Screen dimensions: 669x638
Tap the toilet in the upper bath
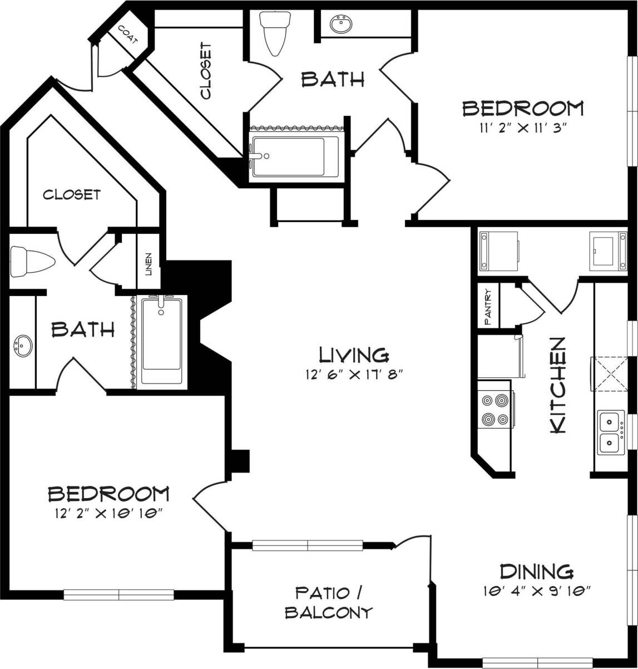(x=275, y=33)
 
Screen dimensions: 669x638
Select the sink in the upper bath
(x=340, y=25)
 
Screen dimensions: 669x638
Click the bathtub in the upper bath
(x=295, y=157)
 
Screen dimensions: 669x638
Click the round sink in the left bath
(x=22, y=346)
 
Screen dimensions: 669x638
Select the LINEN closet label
(x=149, y=264)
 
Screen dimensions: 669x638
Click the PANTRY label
(x=488, y=306)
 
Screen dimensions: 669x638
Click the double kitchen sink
(x=611, y=432)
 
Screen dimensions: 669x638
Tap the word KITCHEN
(x=557, y=385)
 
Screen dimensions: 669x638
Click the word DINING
(x=536, y=571)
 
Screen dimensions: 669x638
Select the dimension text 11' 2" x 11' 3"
(x=523, y=127)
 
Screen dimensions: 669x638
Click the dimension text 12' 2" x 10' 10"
(x=109, y=512)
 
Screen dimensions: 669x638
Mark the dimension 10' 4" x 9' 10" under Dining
(x=536, y=590)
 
